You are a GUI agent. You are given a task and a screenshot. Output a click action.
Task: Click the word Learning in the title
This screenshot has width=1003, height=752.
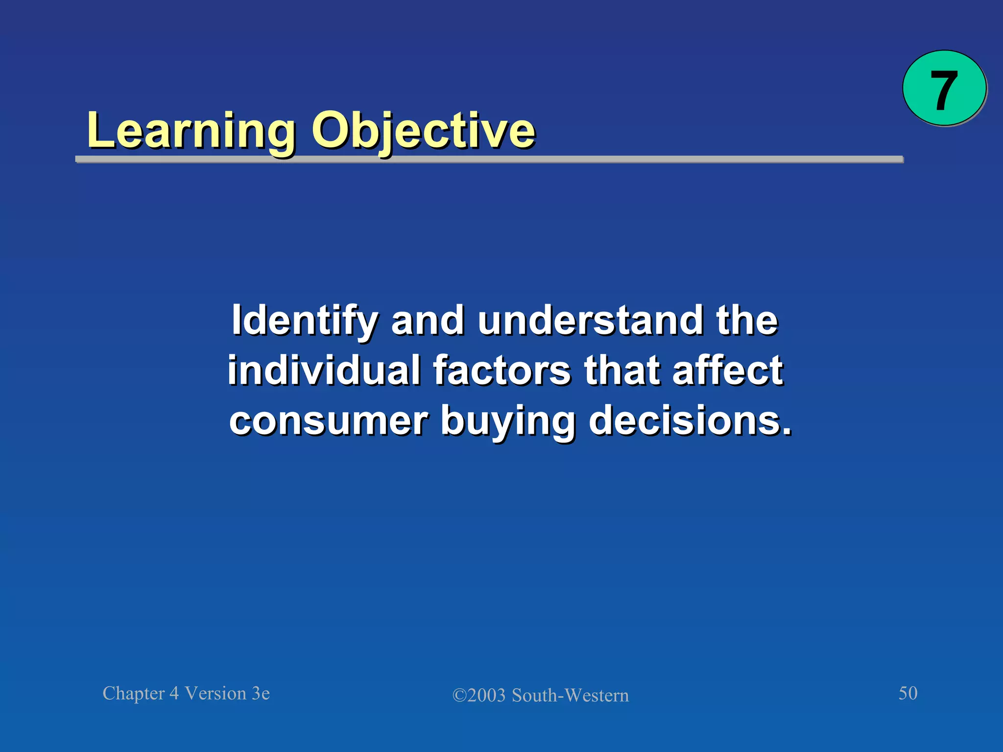click(x=191, y=131)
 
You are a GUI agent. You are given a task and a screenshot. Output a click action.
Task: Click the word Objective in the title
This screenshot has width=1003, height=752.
click(x=423, y=131)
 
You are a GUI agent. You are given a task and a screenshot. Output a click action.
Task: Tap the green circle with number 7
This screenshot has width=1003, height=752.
click(x=944, y=89)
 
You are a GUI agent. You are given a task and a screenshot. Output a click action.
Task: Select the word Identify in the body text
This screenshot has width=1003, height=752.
click(x=304, y=321)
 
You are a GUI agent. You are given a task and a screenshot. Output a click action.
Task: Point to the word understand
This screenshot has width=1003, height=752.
click(x=590, y=321)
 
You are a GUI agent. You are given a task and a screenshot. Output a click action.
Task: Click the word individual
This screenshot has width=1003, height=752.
click(x=324, y=371)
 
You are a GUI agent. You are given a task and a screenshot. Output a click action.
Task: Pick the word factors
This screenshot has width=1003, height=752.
click(x=502, y=371)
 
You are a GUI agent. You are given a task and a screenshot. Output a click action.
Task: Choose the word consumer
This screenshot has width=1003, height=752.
click(x=329, y=421)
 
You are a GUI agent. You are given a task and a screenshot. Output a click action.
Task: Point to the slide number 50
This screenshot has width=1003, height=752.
click(x=907, y=693)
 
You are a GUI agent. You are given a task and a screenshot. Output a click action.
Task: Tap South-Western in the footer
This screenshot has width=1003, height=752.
click(x=570, y=696)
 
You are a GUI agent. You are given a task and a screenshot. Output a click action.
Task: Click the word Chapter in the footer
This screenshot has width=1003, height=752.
click(x=134, y=694)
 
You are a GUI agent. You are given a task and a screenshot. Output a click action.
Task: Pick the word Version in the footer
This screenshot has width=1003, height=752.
click(x=215, y=694)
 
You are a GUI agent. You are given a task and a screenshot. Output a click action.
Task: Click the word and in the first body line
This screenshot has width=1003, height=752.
click(x=428, y=321)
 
